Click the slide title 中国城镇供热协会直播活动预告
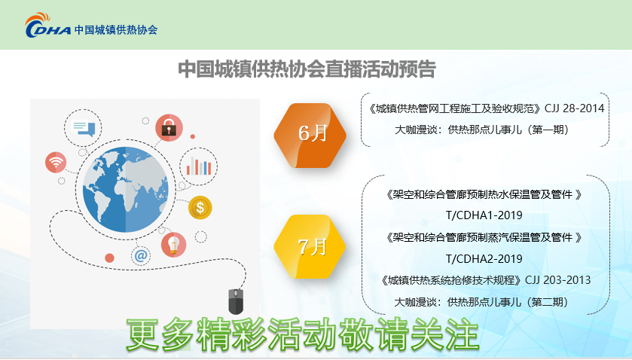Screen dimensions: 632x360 click(307, 69)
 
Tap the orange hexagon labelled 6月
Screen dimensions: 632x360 click(310, 135)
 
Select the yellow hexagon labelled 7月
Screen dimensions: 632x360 click(310, 247)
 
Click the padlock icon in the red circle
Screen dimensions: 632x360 click(169, 128)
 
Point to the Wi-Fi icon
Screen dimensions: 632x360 click(56, 163)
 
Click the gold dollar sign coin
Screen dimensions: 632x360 click(200, 208)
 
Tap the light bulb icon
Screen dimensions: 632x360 click(174, 245)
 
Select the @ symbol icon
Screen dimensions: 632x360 click(141, 255)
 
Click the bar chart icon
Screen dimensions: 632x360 click(199, 166)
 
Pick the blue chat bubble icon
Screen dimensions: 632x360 click(83, 128)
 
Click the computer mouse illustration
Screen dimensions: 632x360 click(236, 301)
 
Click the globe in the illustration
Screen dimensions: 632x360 click(125, 190)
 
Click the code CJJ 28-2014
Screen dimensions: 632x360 click(574, 108)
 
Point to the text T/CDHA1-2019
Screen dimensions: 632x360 click(484, 215)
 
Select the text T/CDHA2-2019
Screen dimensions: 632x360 click(484, 258)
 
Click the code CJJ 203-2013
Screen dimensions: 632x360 click(558, 280)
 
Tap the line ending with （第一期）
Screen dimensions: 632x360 click(481, 130)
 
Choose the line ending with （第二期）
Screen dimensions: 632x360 click(481, 302)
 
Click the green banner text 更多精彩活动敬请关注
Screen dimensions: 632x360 click(303, 334)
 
